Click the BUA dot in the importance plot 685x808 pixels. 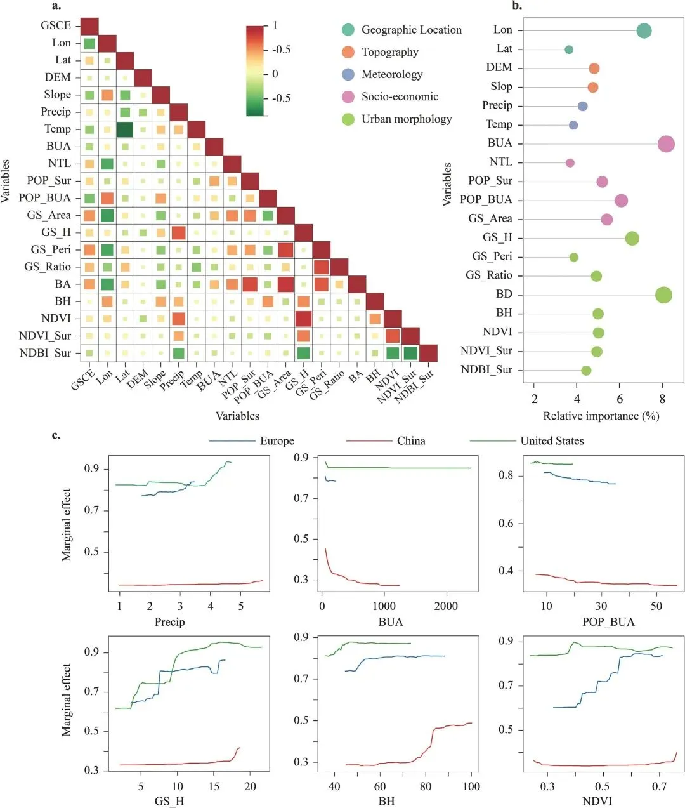[666, 144]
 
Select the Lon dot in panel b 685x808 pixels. [644, 30]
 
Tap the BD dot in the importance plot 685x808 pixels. [663, 295]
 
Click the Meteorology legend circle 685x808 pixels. [348, 74]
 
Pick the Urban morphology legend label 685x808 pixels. [407, 119]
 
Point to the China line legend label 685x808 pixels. [411, 440]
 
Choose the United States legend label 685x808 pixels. [552, 440]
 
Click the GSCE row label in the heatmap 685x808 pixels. [56, 25]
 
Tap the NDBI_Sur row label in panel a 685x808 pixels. [45, 353]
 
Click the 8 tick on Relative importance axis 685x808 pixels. [662, 399]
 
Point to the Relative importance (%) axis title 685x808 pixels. [601, 416]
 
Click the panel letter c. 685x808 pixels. [56, 435]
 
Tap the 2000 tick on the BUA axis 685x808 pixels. [446, 606]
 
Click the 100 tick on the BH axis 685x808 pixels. [471, 786]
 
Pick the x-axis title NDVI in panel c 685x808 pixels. [597, 801]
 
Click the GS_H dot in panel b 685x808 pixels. [632, 239]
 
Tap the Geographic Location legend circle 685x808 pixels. [348, 30]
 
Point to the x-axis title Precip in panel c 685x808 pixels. [170, 622]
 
